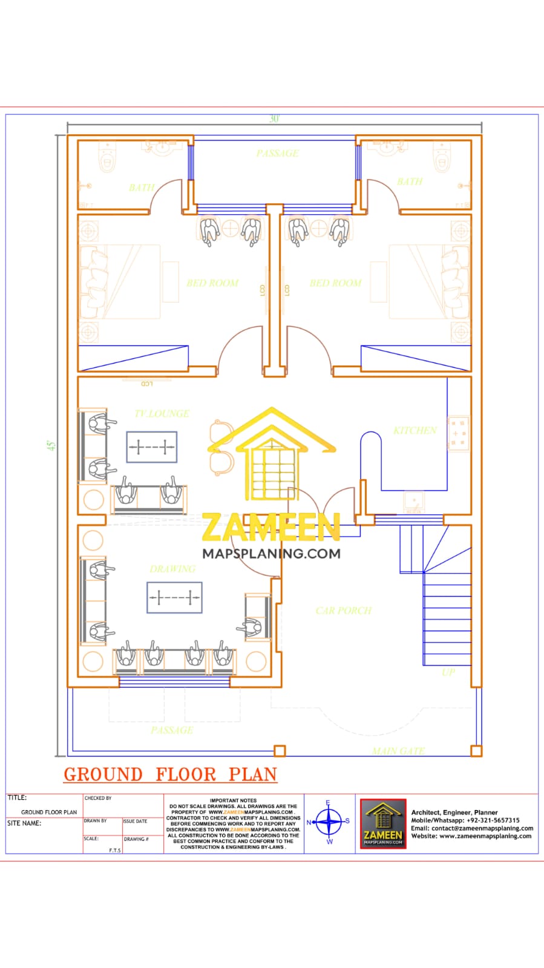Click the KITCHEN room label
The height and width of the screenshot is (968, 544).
tap(415, 431)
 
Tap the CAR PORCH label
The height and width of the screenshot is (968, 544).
tap(343, 611)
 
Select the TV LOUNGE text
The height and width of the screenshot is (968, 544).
tap(162, 414)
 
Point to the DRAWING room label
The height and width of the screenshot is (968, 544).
tap(172, 569)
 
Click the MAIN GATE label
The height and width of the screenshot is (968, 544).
tap(398, 751)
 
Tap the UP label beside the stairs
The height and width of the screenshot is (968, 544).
tap(448, 672)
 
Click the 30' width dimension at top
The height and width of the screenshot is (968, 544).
tap(274, 119)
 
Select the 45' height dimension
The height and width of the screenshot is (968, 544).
tap(52, 445)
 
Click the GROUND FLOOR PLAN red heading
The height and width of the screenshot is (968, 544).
tap(170, 775)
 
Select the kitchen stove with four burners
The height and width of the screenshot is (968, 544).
tap(458, 433)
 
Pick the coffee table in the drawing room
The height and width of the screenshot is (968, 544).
tap(174, 598)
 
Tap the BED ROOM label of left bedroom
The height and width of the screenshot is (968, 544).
tap(212, 283)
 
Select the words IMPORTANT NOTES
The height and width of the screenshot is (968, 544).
tap(233, 800)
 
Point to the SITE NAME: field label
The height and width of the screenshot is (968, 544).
tap(24, 823)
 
